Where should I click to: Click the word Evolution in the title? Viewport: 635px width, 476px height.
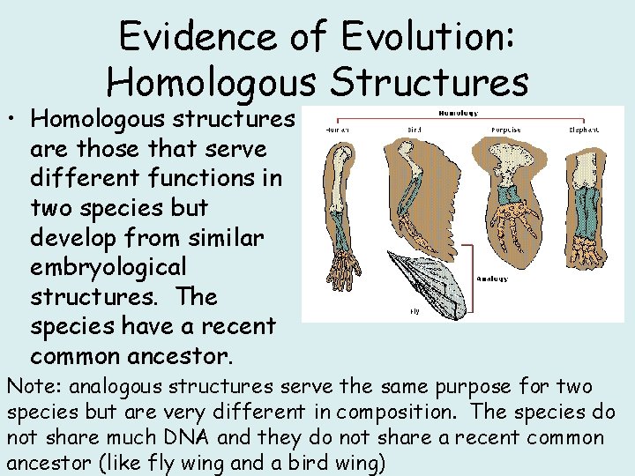[x=422, y=37]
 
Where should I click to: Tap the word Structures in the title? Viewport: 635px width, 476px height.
[x=430, y=82]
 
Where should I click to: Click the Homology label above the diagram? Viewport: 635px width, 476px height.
[x=459, y=113]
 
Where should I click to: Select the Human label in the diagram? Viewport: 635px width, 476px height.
[x=337, y=130]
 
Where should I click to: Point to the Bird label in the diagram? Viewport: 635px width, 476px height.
[x=414, y=130]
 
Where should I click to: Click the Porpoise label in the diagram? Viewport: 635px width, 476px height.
[x=504, y=130]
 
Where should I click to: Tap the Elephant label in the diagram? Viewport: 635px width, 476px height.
[x=584, y=130]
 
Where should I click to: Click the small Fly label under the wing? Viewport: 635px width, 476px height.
[x=414, y=311]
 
